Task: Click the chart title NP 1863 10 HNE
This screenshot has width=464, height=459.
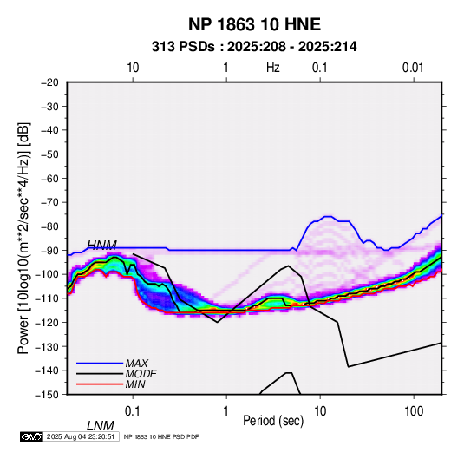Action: tap(254, 24)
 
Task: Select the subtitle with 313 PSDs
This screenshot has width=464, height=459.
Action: tap(254, 47)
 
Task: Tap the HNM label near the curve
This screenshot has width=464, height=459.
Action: tap(101, 245)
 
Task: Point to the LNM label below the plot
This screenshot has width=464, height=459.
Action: tap(101, 426)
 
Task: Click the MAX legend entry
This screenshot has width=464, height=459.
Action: tap(137, 364)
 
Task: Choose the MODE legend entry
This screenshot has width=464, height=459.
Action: tap(141, 374)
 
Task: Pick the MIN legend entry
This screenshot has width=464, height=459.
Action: tap(135, 384)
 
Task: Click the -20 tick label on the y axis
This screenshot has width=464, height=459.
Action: tap(49, 82)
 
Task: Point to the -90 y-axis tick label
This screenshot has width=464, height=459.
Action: tap(49, 250)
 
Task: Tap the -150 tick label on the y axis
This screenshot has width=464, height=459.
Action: tap(47, 395)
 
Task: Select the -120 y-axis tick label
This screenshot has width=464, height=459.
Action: tap(47, 323)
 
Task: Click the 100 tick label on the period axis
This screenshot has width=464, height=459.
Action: tap(414, 411)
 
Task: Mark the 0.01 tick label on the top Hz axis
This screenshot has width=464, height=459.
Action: tap(413, 68)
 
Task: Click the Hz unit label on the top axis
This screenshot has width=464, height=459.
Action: tap(273, 68)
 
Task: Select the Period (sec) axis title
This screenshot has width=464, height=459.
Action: tap(273, 421)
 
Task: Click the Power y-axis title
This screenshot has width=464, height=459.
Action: tap(23, 239)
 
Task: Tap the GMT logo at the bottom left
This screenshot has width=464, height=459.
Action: tap(32, 436)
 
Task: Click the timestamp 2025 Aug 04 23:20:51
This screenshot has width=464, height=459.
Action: tap(81, 436)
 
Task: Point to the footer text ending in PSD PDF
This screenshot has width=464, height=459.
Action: tap(161, 437)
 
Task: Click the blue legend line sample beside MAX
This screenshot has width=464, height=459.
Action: tap(100, 364)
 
